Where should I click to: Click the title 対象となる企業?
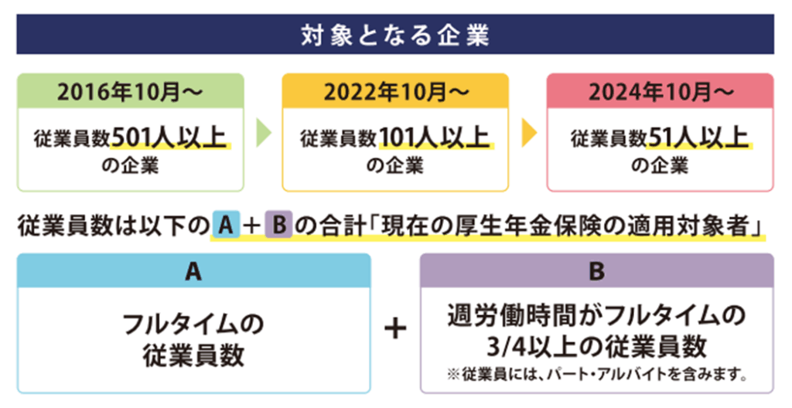tap(394, 36)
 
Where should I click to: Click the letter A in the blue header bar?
tap(193, 271)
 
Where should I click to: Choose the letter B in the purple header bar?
tap(596, 271)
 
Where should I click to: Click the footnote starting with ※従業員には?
tap(596, 376)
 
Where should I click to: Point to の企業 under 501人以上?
tap(130, 165)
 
